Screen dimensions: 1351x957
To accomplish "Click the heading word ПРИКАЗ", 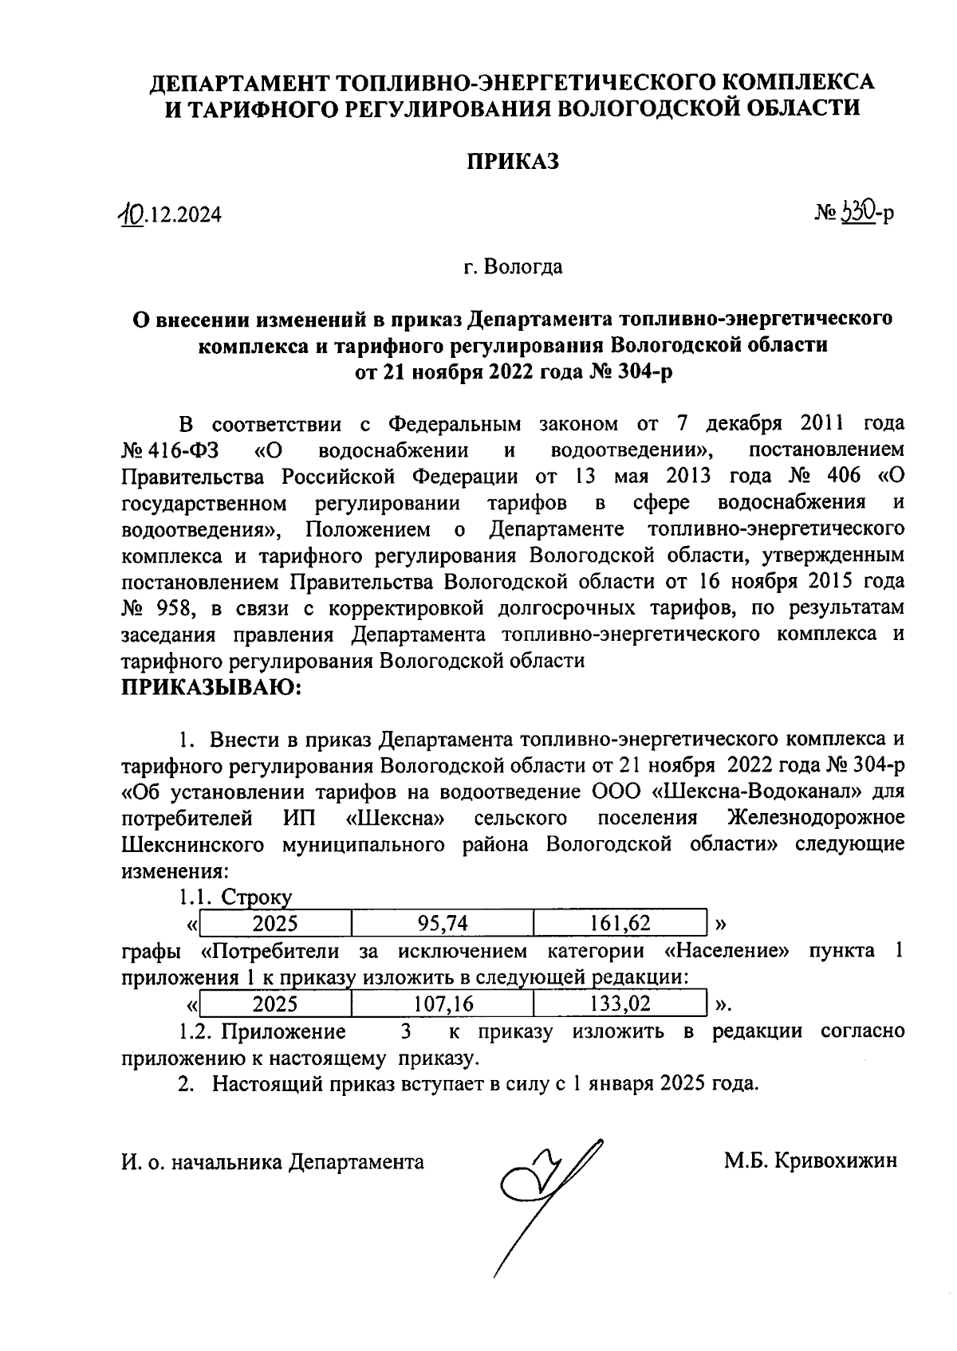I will point(513,162).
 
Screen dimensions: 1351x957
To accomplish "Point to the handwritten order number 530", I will point(856,211).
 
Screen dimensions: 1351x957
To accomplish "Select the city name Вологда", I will point(522,266).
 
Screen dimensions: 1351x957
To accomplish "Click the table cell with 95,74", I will point(442,924).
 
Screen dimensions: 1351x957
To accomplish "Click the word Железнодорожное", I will point(817,818).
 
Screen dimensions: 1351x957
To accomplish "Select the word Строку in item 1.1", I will point(257,897).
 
